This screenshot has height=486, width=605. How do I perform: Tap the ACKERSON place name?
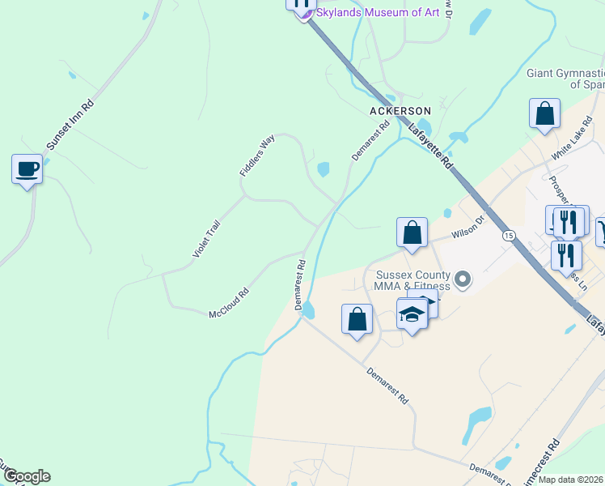[400, 110]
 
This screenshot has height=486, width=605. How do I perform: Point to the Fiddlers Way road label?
[257, 156]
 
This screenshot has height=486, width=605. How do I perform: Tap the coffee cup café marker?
[27, 169]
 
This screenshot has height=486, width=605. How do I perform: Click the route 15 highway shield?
[508, 235]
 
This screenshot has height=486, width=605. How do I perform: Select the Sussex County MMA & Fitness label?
[412, 280]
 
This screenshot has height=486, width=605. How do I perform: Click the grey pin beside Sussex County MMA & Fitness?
[463, 280]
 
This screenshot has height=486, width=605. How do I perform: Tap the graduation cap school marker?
[412, 313]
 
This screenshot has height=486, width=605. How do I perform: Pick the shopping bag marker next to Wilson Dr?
[412, 232]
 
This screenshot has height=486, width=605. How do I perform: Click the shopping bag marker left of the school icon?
[357, 319]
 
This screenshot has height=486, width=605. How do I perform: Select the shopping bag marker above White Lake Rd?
[545, 114]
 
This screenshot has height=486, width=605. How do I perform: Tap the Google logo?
[26, 476]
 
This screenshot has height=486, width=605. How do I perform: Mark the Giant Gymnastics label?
[565, 79]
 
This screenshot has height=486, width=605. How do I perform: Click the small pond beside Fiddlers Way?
[324, 169]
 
